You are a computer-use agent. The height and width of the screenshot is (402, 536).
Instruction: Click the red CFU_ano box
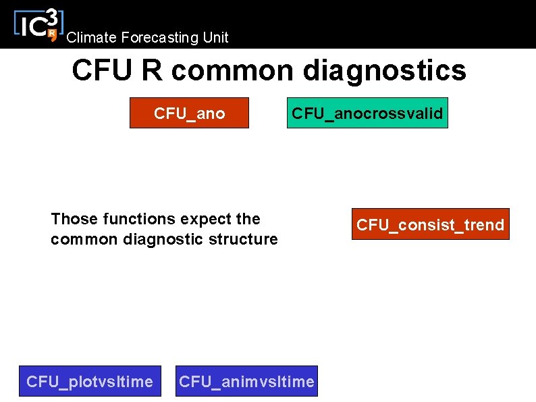coord(189,113)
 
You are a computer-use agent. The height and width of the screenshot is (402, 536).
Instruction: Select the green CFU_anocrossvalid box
coord(367,113)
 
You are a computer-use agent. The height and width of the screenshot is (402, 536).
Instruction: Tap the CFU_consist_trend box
coord(430,224)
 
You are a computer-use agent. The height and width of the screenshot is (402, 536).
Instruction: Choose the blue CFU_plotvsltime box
coord(90,382)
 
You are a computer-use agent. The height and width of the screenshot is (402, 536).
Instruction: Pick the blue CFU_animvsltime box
coord(246,382)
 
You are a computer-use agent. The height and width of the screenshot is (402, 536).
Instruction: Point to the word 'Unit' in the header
coord(215,38)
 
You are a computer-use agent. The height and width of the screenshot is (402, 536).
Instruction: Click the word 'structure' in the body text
coord(247,239)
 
